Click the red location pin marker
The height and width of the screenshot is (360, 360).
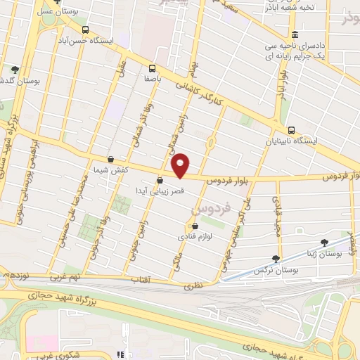pos(181,165)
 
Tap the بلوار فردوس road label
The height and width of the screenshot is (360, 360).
pos(229,181)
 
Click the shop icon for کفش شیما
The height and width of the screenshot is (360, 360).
pos(110,159)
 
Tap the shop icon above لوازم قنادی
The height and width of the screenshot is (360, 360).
pos(195,226)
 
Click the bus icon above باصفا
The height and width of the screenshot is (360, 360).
pos(152,68)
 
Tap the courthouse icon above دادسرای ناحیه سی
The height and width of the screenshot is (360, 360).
pos(294,34)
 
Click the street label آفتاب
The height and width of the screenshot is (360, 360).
pos(140,280)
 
